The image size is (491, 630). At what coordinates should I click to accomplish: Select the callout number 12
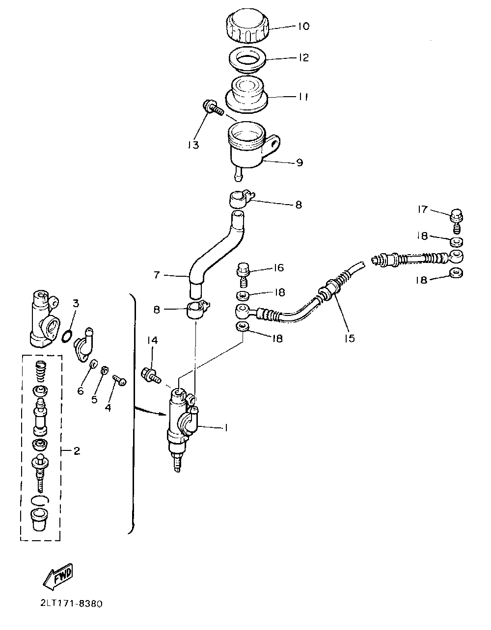(x=303, y=58)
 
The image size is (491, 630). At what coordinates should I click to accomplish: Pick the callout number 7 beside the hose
(x=157, y=275)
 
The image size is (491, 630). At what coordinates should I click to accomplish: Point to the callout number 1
(x=226, y=428)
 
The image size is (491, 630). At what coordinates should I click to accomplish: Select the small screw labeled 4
(x=119, y=380)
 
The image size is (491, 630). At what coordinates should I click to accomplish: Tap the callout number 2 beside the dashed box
(x=77, y=451)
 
